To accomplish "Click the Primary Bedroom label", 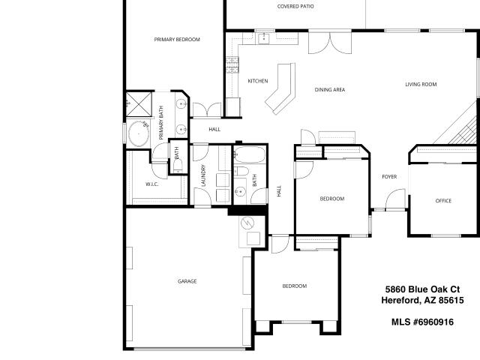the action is click(x=177, y=40).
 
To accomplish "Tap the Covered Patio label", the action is click(x=295, y=6).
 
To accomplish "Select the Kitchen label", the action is click(x=258, y=81).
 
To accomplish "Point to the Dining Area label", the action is click(x=330, y=90).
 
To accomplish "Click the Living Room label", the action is click(x=421, y=84).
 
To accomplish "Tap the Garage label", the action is click(x=187, y=281).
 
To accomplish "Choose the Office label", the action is click(x=443, y=201).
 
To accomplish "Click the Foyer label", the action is click(x=389, y=177).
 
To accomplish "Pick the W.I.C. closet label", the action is click(x=151, y=184).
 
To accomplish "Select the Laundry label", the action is click(x=203, y=175).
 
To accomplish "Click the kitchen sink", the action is click(x=263, y=38).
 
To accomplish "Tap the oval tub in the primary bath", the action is click(x=139, y=133).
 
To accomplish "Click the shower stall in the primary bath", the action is click(x=139, y=104).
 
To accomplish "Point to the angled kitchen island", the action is click(x=280, y=88).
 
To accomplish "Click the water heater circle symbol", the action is click(x=247, y=223).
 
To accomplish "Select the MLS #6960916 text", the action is click(x=422, y=322).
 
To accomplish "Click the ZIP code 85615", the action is click(x=451, y=300).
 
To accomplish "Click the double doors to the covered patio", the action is click(x=330, y=43).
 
